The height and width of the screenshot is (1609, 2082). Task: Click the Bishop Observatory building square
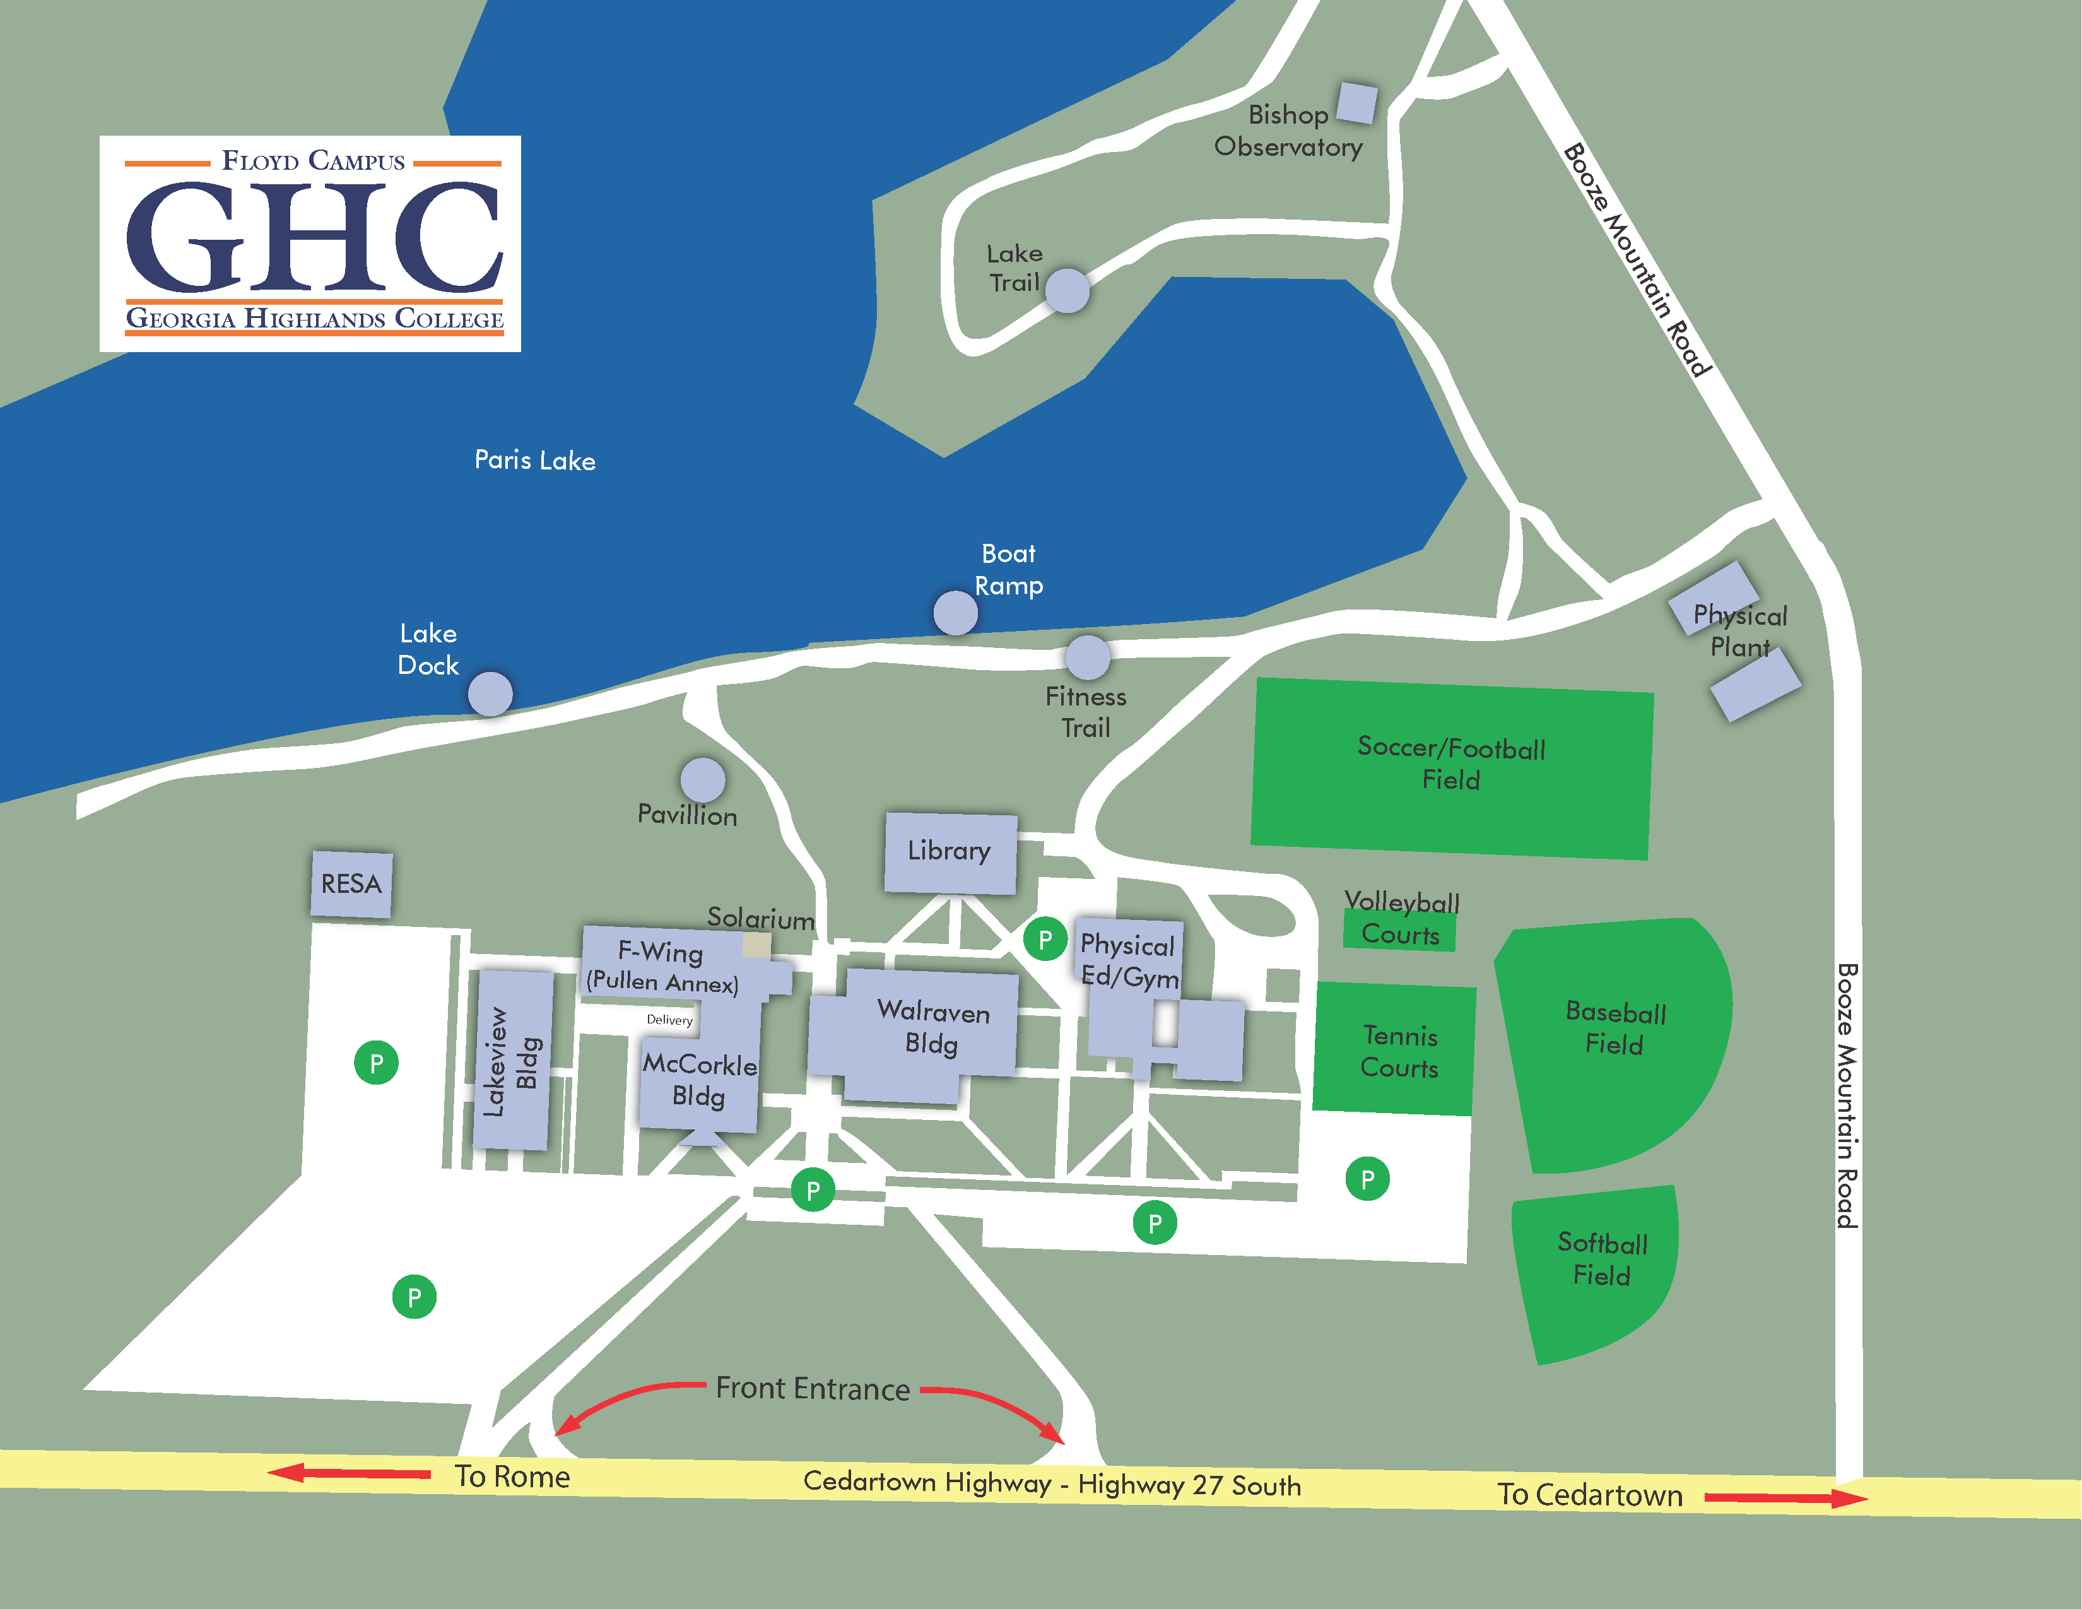(x=1356, y=103)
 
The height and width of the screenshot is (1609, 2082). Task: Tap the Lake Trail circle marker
(x=1067, y=291)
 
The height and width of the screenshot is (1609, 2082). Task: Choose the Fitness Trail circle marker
(x=1087, y=657)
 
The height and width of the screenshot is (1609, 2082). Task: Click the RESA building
(x=351, y=883)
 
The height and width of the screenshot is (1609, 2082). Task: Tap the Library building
(x=950, y=851)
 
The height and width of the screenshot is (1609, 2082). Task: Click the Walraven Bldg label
(x=932, y=1027)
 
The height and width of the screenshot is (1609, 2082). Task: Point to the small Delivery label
(x=669, y=1020)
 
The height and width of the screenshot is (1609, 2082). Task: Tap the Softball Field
(x=1599, y=1268)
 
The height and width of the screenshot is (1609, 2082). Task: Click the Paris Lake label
(x=535, y=461)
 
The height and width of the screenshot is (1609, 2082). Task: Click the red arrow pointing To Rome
(x=349, y=1473)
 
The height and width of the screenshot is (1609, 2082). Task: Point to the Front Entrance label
(x=812, y=1389)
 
